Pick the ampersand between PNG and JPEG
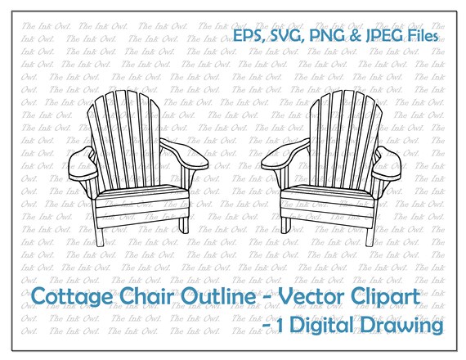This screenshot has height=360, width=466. (355, 36)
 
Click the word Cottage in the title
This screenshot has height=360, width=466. (70, 297)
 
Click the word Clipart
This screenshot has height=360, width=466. (385, 297)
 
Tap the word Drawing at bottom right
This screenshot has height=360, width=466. (402, 325)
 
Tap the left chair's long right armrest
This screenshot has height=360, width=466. (184, 154)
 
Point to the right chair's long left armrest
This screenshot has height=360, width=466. (286, 154)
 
